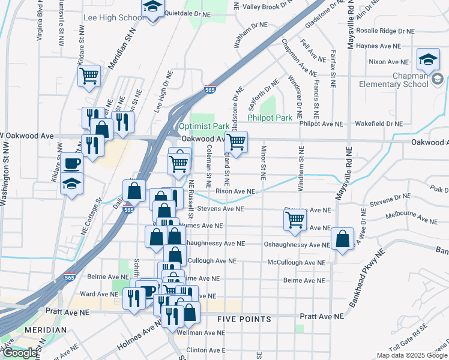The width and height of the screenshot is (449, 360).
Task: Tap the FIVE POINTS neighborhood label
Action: (x=244, y=319)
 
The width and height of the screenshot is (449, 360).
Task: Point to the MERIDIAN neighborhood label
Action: (x=46, y=330)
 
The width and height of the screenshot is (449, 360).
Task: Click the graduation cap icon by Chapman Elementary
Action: (x=427, y=59)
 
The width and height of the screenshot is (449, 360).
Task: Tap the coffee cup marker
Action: (x=71, y=163)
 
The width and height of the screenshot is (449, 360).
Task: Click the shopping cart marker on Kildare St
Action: (x=89, y=76)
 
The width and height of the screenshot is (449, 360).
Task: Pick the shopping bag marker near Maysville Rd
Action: (x=342, y=239)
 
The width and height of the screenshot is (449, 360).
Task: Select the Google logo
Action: (x=20, y=353)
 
